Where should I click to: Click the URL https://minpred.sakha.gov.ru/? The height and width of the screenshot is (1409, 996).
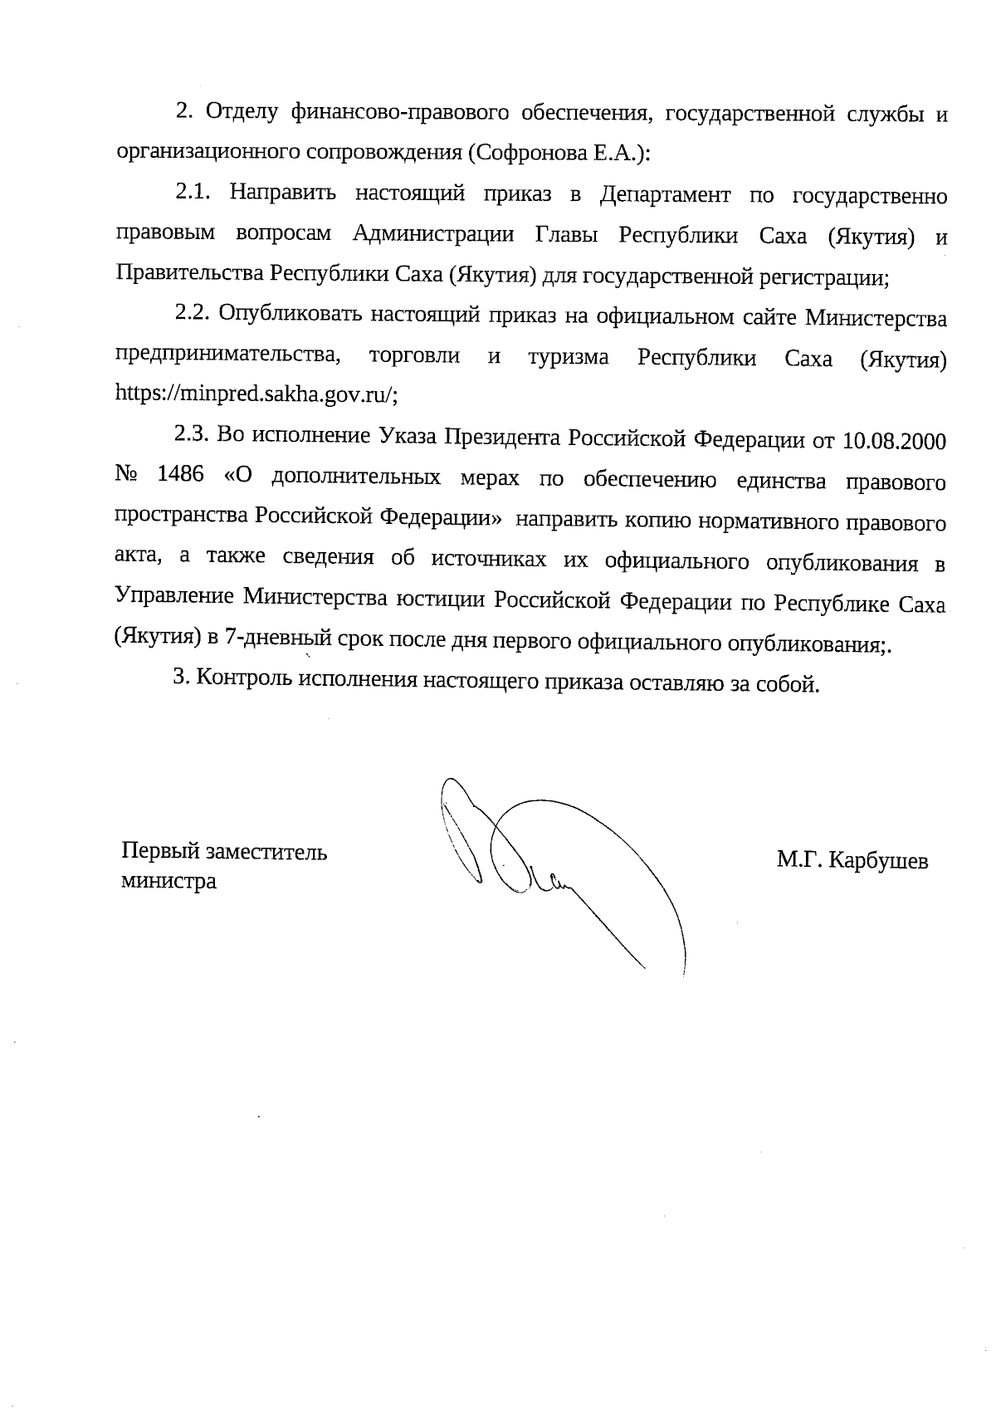coord(255,395)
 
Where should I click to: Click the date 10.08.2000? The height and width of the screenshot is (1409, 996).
coord(894,440)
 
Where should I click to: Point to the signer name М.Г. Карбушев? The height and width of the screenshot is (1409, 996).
coord(852,861)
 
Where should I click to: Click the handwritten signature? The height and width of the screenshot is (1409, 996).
coord(564,864)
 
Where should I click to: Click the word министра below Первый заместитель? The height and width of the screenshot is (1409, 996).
coord(168,882)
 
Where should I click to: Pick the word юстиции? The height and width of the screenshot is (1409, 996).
coord(441,601)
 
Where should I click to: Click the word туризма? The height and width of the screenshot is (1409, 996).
coord(568,358)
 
